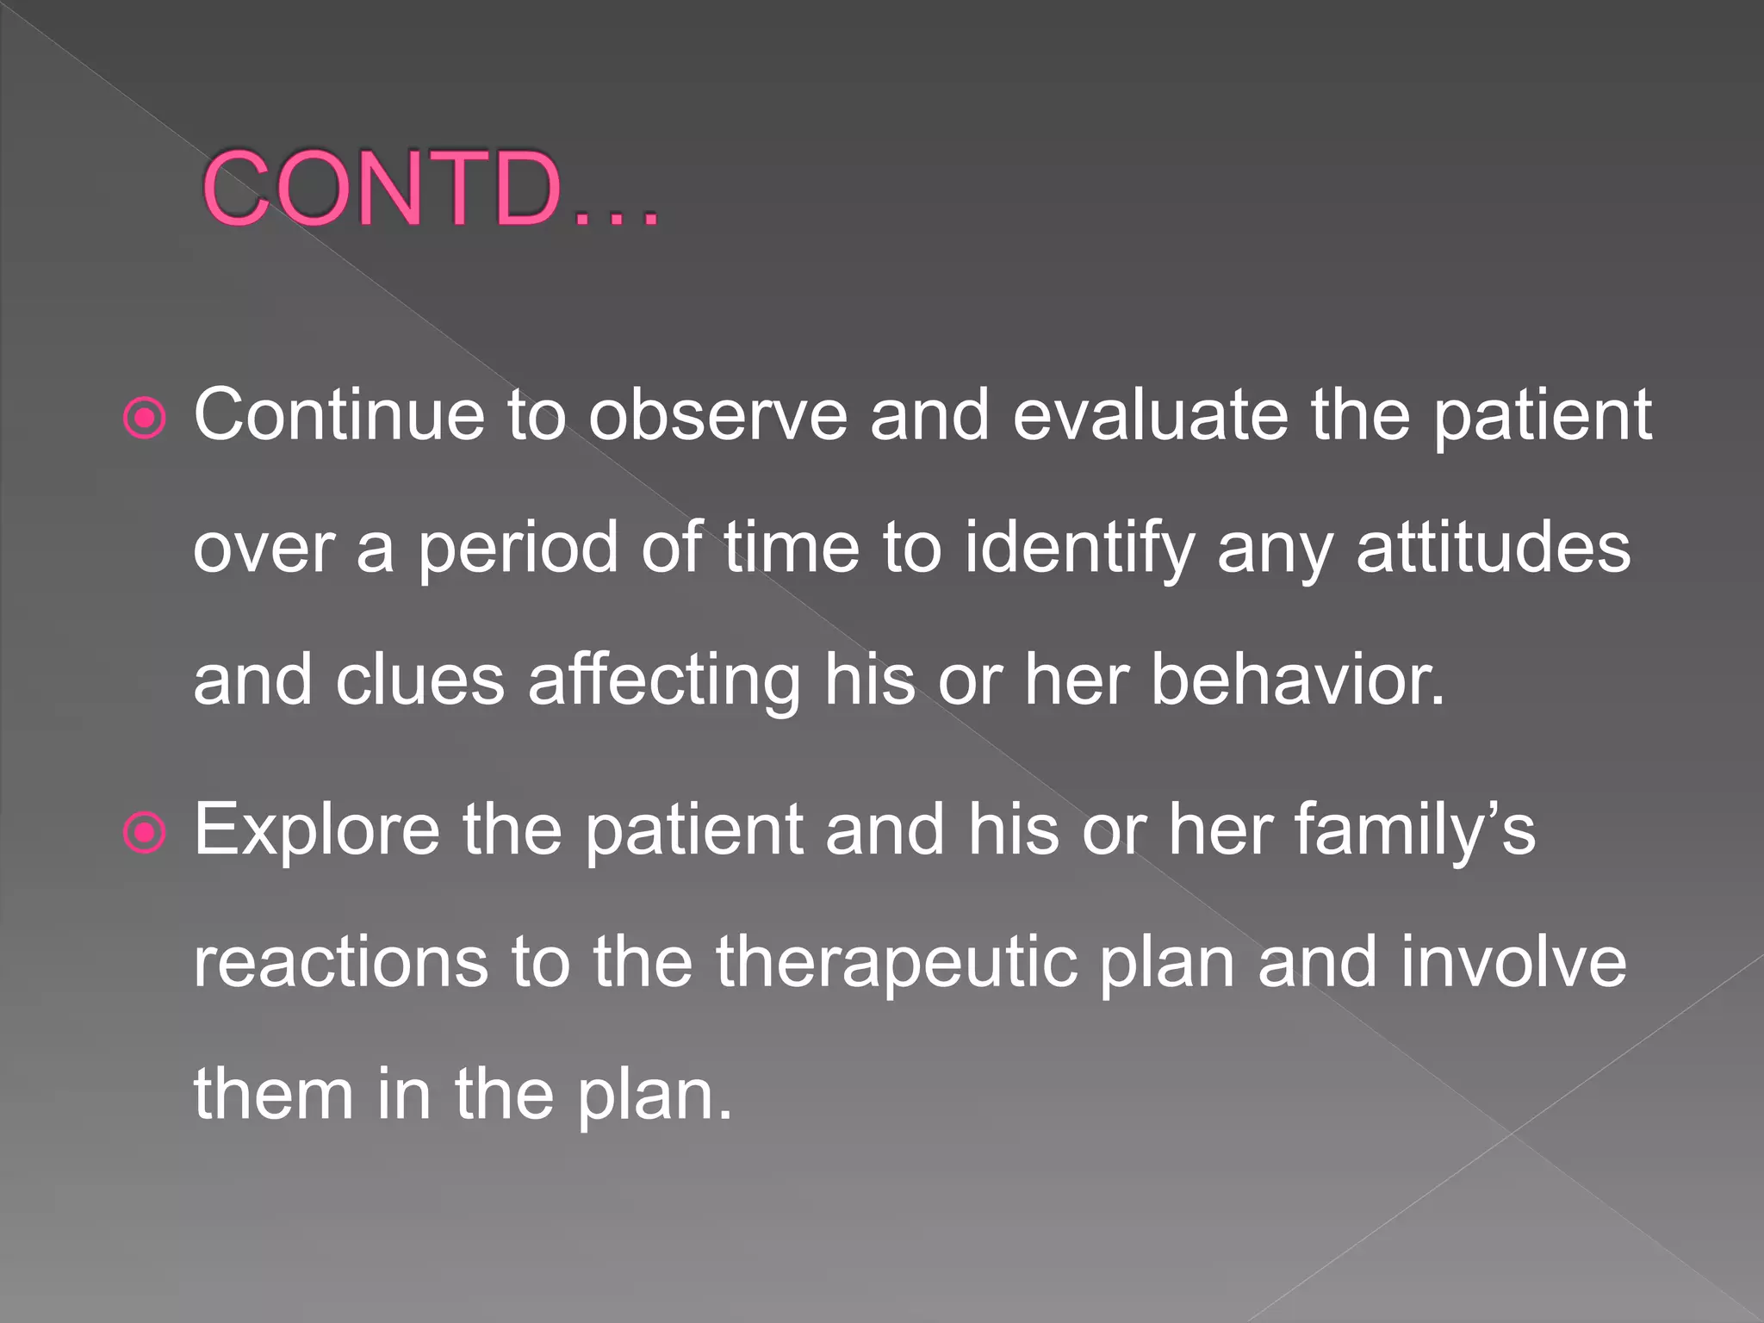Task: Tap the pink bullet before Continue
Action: coord(145,419)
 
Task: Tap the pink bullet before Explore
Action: coord(145,833)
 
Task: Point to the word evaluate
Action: coord(1150,415)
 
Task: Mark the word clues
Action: coord(419,680)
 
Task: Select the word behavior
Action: coord(1297,680)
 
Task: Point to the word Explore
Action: coord(316,831)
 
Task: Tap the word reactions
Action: coord(340,962)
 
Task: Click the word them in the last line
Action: coord(274,1094)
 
